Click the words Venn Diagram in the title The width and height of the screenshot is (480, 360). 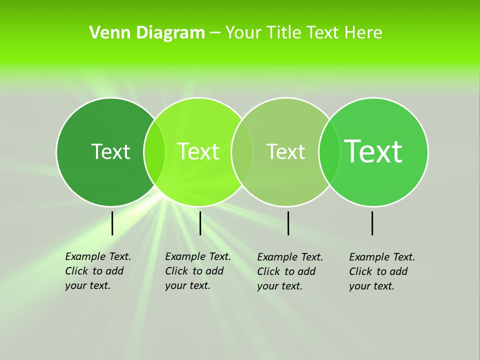pos(147,33)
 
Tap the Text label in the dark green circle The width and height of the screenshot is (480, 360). pos(110,151)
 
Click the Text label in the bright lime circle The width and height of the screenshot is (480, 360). pos(198,151)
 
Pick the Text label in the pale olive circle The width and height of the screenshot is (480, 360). pos(286,151)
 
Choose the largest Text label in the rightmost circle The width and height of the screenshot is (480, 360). pos(373,151)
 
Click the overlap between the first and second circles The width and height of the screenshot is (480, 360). pos(154,151)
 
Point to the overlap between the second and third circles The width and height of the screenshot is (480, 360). pos(242,151)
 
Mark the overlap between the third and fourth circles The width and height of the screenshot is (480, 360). pos(329,151)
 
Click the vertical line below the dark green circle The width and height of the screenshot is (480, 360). pos(112,223)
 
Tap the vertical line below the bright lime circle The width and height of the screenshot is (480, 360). pos(200,223)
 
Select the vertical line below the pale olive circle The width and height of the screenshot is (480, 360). pos(288,223)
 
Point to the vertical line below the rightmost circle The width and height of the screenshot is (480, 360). pos(372,223)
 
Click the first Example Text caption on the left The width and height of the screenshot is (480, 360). pos(98,271)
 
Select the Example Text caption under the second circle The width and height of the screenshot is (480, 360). pos(198,271)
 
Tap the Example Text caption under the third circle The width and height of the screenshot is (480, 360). pos(290,271)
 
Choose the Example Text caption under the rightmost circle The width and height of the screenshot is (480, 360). pos(382,271)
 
